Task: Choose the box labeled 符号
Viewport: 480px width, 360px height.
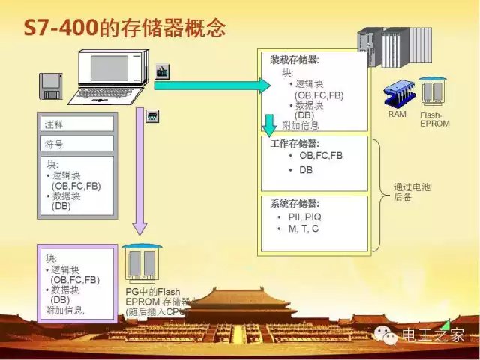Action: [x=76, y=143]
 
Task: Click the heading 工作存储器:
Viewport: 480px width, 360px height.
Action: [x=295, y=143]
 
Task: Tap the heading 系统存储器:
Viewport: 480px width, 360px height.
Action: [x=295, y=204]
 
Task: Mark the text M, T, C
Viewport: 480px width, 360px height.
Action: [x=303, y=229]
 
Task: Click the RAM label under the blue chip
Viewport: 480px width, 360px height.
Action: [x=397, y=115]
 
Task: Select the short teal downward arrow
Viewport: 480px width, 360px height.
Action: [x=270, y=124]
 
